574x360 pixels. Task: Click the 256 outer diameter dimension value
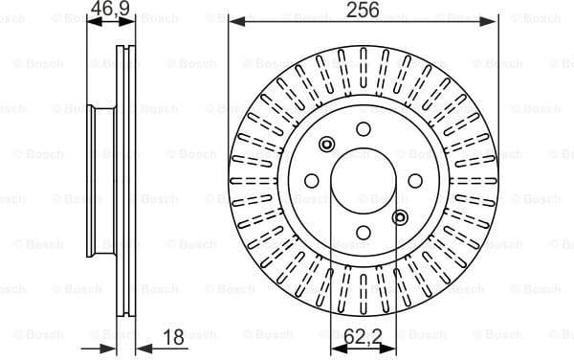363,10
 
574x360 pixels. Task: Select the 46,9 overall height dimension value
109,10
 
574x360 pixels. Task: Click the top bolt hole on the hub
363,129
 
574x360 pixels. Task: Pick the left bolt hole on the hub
312,181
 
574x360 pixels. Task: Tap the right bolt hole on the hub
414,181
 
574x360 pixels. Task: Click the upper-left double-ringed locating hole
327,145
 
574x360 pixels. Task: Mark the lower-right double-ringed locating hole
399,216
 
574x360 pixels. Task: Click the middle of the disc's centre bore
363,181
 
